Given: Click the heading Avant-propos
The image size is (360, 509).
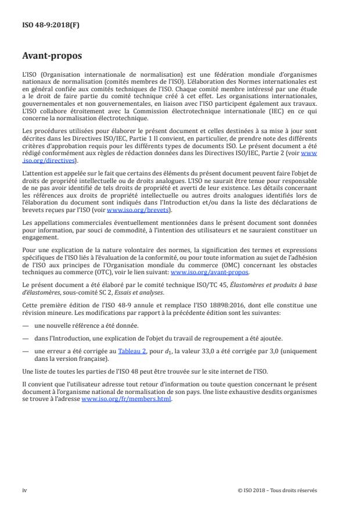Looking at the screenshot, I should tap(52, 56).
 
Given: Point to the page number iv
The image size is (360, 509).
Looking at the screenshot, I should tap(25, 490).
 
